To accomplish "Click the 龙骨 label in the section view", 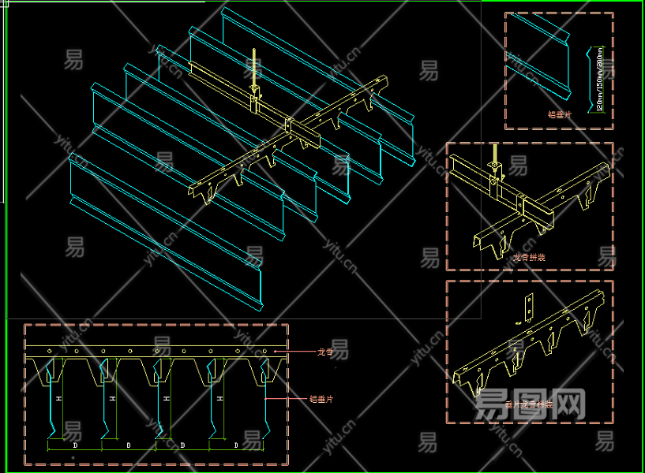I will pyautogui.click(x=324, y=352).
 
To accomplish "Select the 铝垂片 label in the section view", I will pyautogui.click(x=321, y=400).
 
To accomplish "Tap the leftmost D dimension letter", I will pyautogui.click(x=75, y=445).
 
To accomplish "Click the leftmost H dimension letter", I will pyautogui.click(x=58, y=400).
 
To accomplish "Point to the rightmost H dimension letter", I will pyautogui.click(x=219, y=400).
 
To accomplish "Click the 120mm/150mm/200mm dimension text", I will pyautogui.click(x=601, y=79).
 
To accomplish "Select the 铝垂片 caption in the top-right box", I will pyautogui.click(x=560, y=114).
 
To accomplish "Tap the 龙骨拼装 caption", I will pyautogui.click(x=529, y=257).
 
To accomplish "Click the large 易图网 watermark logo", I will pyautogui.click(x=531, y=404).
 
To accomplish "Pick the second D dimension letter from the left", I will pyautogui.click(x=129, y=445).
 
